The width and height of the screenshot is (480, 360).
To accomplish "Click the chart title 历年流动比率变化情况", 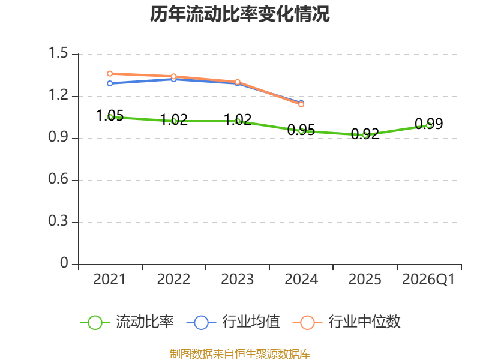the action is coord(239,14).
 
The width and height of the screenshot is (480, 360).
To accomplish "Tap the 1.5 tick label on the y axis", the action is coord(58,53).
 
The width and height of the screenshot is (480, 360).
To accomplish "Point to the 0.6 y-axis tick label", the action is coord(58,179).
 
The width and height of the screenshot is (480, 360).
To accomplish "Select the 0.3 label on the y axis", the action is coord(58,221).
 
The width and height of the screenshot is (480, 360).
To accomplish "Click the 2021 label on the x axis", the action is coord(110,279).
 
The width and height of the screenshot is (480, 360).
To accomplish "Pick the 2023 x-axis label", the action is coord(237,279).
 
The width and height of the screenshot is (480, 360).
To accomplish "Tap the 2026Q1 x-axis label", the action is coord(428,279).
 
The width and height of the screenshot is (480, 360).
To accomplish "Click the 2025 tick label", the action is coord(365,279).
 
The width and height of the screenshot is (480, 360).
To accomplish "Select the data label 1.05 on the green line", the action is coord(110,116).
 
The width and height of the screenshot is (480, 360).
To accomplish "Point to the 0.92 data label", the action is coord(365,134).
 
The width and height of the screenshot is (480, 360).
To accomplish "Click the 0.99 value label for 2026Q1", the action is coord(428,124).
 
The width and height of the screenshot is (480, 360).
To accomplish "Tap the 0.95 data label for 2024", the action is coord(301,130).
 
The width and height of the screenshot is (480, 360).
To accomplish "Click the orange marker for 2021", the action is coord(110,74).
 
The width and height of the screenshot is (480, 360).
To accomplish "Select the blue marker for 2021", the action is coord(110,83).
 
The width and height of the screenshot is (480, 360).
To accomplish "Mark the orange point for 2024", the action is coord(301,104).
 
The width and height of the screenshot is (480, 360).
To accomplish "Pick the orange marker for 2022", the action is coord(173,76).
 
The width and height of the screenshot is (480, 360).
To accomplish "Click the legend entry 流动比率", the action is coord(127,322).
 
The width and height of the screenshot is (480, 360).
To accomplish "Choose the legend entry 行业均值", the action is coord(233,322).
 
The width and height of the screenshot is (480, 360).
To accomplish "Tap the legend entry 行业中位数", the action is coord(347,322).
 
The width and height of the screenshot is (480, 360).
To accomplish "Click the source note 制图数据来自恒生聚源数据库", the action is coord(240,354).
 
